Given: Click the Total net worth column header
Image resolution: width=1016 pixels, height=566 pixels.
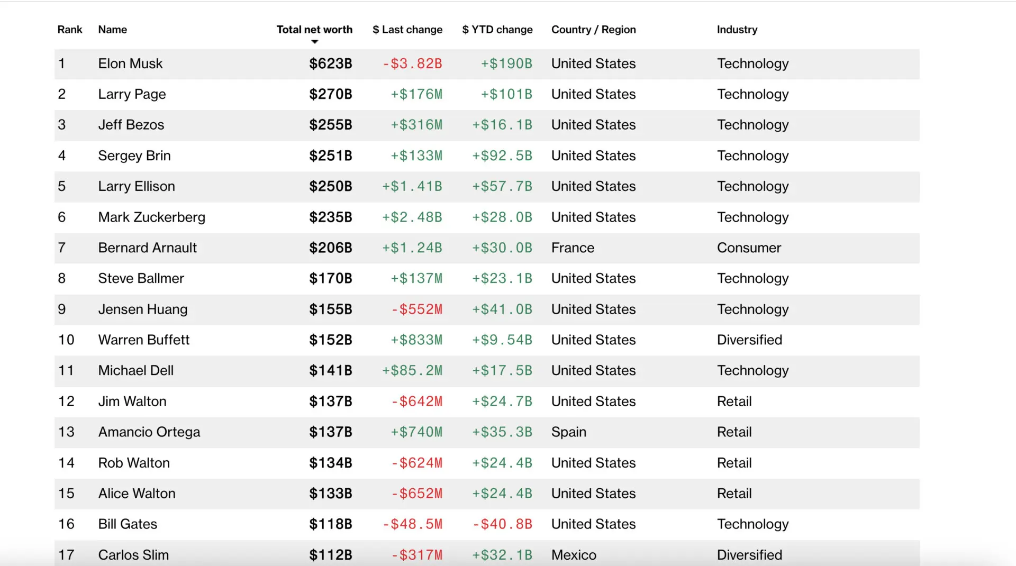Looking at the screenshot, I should (314, 30).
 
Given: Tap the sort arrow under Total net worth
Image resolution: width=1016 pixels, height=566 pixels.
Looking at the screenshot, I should (315, 42).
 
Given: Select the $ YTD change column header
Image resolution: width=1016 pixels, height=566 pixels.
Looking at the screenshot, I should (497, 30).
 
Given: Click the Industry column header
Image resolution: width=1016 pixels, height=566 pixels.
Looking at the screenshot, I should (737, 30).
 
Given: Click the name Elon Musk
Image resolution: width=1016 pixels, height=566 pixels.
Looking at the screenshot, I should (130, 64).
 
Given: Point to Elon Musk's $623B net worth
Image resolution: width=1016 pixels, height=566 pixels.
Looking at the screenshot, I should (330, 64).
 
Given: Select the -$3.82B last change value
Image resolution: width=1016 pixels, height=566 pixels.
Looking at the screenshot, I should (412, 64).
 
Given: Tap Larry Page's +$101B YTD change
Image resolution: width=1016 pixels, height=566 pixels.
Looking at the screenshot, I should (506, 95).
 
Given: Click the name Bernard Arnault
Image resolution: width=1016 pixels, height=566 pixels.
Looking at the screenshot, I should (147, 248).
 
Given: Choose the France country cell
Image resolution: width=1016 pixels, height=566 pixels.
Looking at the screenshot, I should (573, 248).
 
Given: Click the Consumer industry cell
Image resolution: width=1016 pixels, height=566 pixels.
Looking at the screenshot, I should (749, 248).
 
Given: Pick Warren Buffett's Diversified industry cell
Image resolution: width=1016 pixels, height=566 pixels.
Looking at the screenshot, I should (749, 340).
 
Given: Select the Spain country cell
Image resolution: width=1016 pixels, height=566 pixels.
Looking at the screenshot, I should (568, 432).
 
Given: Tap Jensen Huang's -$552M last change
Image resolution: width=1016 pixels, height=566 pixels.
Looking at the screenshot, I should (416, 309).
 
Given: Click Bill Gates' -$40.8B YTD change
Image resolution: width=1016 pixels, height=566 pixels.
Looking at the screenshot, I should (502, 524).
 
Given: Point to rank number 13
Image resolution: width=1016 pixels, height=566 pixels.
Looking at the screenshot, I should (66, 432).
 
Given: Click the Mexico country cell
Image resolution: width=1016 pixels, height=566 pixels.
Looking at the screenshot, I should (574, 555).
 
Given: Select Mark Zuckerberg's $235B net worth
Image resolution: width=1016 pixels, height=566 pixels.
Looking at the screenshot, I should (330, 217).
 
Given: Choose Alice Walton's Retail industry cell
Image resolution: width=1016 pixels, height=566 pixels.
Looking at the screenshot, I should (734, 494).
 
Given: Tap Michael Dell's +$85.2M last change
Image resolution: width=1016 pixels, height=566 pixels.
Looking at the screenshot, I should (412, 371).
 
